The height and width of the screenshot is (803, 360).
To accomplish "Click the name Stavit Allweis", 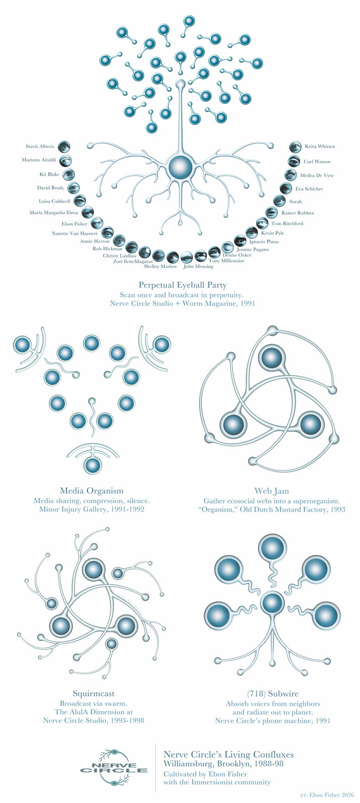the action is tap(40, 146).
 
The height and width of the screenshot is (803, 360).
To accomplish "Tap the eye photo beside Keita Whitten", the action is tap(295, 146).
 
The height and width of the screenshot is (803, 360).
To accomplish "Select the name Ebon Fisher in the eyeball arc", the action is tap(74, 224).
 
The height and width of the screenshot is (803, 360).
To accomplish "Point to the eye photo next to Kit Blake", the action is tap(68, 175).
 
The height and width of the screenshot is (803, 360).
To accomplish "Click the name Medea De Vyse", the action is tap(317, 175).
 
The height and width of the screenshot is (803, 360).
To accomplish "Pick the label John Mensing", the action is tap(198, 266).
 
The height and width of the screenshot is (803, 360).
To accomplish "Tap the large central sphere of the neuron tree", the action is tap(180, 166).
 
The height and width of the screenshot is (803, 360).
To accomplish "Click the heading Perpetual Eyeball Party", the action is tap(183, 285).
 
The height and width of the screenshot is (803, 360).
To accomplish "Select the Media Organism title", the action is tap(92, 491).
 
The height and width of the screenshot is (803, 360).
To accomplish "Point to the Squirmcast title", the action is tap(93, 693).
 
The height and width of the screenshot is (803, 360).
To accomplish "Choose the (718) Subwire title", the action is tap(273, 694).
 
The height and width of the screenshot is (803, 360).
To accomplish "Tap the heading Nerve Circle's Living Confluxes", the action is tap(228, 755).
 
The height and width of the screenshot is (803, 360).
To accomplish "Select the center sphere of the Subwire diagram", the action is tap(272, 603).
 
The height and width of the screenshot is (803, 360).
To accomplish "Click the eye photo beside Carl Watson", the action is tap(294, 161).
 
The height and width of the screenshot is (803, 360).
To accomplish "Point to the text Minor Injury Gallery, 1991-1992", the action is tap(92, 509).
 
